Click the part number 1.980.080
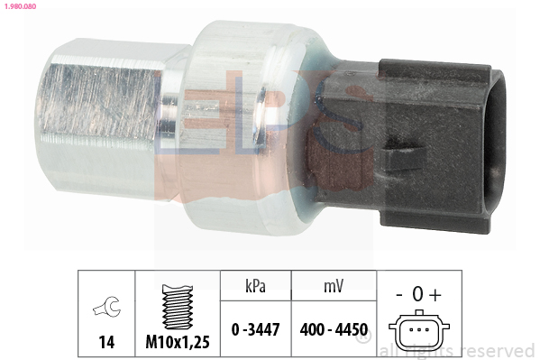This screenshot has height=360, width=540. (x=21, y=6)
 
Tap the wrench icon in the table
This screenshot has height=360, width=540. (x=106, y=306)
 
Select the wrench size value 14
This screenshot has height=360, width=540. (x=106, y=342)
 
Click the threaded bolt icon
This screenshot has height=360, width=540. (x=178, y=307)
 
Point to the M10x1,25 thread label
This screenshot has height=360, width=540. (x=178, y=342)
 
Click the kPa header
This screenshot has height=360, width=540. (x=255, y=286)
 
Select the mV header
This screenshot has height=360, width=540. (x=334, y=286)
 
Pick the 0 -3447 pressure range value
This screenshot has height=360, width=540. (x=255, y=329)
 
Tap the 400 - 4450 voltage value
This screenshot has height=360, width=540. (x=334, y=329)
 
